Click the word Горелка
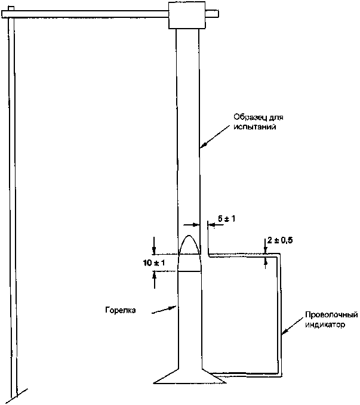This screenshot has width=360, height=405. tap(121, 310)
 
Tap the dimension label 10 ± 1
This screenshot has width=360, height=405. tap(154, 263)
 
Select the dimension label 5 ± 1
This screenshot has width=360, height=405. tap(226, 219)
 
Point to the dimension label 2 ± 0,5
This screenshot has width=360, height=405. tap(280, 240)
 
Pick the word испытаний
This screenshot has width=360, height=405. tap(255, 127)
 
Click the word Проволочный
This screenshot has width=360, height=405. tap(332, 315)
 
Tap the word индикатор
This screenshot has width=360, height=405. tap(325, 324)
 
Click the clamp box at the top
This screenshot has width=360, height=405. tap(187, 15)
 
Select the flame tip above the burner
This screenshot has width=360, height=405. tap(189, 236)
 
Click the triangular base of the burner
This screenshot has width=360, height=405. tap(190, 378)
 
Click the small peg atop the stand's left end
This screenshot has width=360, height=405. tap(11, 8)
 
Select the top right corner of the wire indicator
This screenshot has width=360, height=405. tap(279, 255)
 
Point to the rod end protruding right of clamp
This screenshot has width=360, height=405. tap(213, 14)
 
